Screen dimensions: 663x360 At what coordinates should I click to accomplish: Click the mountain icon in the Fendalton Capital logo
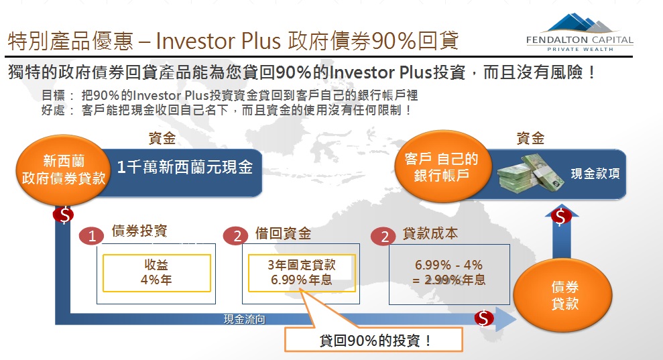coord(579,23)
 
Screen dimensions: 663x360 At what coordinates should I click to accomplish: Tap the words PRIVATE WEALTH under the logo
coord(580,50)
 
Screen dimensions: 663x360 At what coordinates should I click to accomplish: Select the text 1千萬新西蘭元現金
coord(185,167)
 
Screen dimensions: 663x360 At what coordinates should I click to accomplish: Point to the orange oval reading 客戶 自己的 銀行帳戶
coord(441,166)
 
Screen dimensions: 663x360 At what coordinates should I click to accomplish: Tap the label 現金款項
coord(595,174)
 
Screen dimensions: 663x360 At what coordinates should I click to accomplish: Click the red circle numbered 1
coord(92,236)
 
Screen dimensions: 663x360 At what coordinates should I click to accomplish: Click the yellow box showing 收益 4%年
coord(156,273)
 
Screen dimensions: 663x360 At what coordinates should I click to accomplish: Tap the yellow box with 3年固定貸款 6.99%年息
coord(302,273)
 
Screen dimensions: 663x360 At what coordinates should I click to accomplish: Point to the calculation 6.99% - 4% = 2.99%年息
coord(449,272)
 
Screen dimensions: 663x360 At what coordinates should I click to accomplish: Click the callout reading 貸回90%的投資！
coord(374,340)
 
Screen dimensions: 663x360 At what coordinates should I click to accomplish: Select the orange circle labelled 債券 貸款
coord(563,295)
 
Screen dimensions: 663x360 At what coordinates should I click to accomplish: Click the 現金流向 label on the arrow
coord(245,319)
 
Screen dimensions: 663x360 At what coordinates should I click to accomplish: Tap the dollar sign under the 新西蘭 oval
coord(64,215)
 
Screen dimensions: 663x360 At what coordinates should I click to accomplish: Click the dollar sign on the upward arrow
coord(561,217)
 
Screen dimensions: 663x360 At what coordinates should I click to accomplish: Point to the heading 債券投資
coord(139,231)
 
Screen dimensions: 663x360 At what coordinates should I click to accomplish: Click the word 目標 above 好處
coord(53,95)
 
